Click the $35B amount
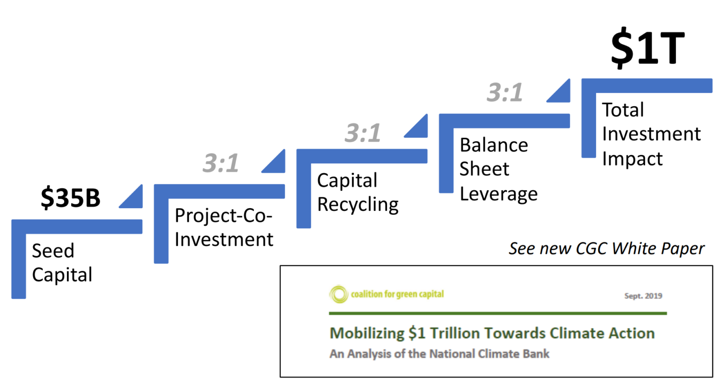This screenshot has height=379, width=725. pos(70,197)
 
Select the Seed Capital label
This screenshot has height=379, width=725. pos(62,262)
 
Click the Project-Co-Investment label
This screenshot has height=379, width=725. pos(224,227)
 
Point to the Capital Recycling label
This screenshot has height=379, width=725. pos(357,193)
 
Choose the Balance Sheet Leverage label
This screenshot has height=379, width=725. pos(498,169)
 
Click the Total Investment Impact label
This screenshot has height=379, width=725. pos(651,135)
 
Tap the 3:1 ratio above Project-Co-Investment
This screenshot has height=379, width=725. pos(221,163)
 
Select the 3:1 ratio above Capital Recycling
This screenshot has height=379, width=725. pos(362,133)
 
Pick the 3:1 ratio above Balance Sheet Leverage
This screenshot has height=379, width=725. pos(505,92)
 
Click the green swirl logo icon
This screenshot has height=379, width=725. pos(338,295)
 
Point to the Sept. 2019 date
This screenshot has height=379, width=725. pos(643,296)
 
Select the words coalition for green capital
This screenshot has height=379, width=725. pos(397,295)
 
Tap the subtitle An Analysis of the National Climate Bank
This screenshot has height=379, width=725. pos(439,354)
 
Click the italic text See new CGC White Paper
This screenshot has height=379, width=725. pos(606,248)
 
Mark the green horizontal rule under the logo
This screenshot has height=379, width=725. pos(497,313)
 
